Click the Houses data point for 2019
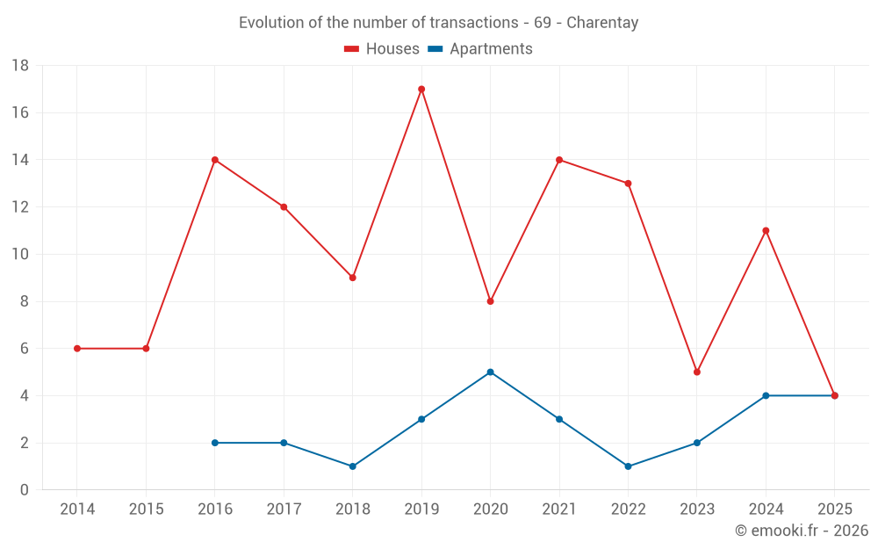pyautogui.click(x=421, y=89)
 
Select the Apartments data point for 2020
pyautogui.click(x=490, y=372)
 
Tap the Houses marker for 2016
pyautogui.click(x=214, y=160)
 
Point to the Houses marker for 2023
pyautogui.click(x=697, y=372)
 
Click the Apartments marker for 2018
pyautogui.click(x=352, y=466)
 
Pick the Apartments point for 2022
pyautogui.click(x=628, y=466)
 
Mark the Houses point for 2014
pyautogui.click(x=77, y=349)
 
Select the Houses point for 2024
pyautogui.click(x=766, y=230)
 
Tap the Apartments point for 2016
pyautogui.click(x=214, y=443)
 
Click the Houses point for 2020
pyautogui.click(x=490, y=301)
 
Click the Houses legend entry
pyautogui.click(x=382, y=49)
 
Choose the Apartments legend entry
pyautogui.click(x=480, y=49)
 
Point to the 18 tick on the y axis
pyautogui.click(x=20, y=65)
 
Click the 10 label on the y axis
pyautogui.click(x=20, y=254)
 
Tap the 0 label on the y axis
pyautogui.click(x=25, y=490)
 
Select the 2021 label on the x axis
pyautogui.click(x=559, y=509)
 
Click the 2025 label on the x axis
pyautogui.click(x=834, y=509)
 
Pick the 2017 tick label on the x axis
pyautogui.click(x=284, y=509)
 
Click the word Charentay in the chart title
pyautogui.click(x=602, y=23)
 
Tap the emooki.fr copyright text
pyautogui.click(x=802, y=531)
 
